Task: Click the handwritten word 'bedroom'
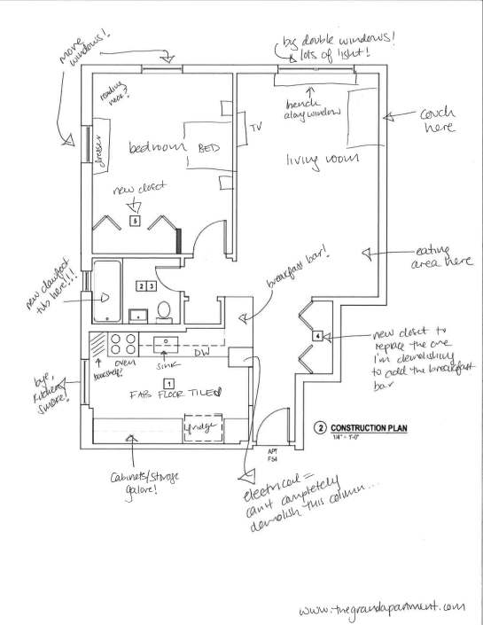(x=156, y=147)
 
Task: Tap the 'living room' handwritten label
(x=314, y=159)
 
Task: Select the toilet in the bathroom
(x=164, y=311)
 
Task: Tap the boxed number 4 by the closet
(x=316, y=336)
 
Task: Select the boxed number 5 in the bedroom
(x=134, y=222)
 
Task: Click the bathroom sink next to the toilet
(x=138, y=314)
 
